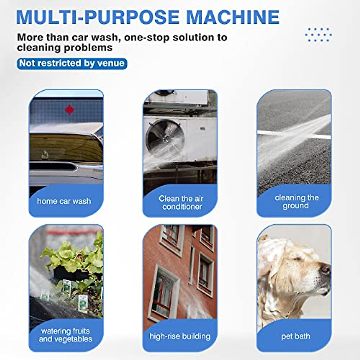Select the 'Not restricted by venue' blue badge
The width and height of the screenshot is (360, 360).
[72, 64]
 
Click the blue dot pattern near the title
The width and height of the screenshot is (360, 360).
[318, 35]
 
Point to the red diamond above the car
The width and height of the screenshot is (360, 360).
[70, 110]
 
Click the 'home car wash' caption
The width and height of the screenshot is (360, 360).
[64, 201]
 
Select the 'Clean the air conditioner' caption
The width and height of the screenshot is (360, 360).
[181, 202]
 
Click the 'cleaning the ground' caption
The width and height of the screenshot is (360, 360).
[296, 202]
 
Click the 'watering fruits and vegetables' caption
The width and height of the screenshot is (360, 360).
[65, 335]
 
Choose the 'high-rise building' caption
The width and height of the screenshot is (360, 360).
[180, 336]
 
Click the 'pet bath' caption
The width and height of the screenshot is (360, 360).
[295, 336]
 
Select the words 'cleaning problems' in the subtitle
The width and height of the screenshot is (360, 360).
[65, 47]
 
